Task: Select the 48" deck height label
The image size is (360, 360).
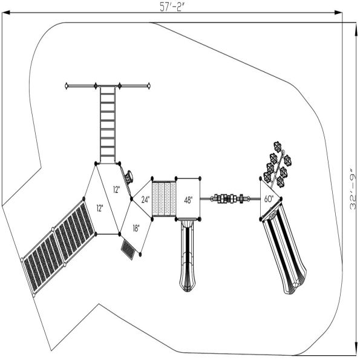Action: point(188,200)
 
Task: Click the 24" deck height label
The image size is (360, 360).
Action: point(146,198)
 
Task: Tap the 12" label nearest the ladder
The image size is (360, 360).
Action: point(116,189)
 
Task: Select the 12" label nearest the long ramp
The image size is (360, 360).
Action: point(99,208)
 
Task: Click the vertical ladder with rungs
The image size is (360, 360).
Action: point(108,125)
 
